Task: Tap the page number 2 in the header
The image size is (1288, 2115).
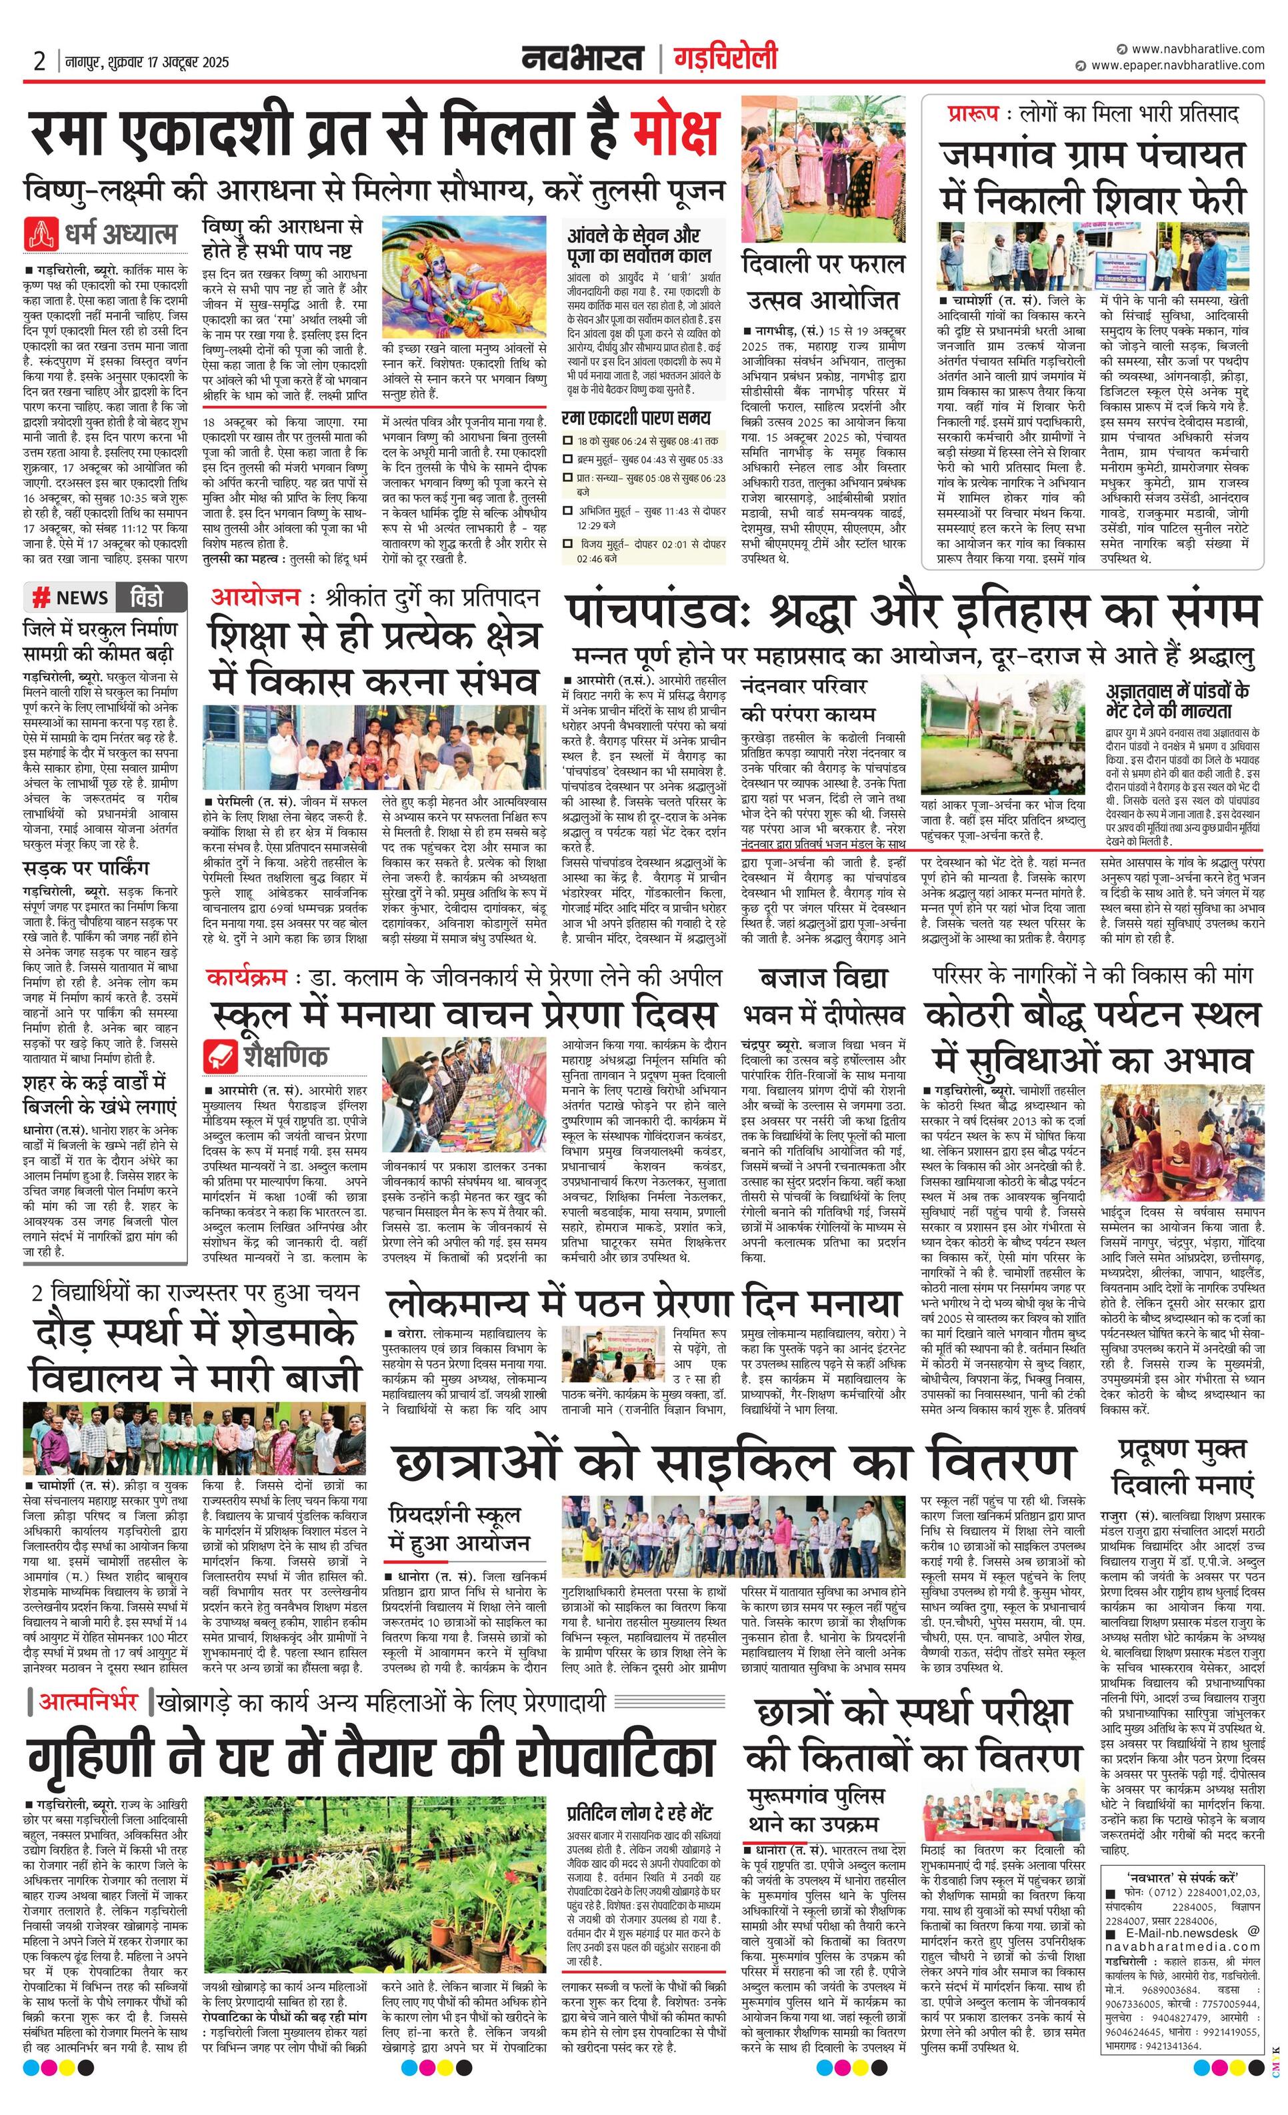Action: point(39,61)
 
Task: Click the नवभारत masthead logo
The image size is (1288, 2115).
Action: point(583,59)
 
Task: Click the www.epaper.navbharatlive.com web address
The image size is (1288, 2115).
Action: point(1177,65)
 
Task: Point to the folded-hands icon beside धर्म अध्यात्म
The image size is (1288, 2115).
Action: point(39,233)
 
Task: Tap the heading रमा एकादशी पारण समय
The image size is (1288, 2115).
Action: point(636,418)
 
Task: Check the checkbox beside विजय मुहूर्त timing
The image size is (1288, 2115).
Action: point(567,544)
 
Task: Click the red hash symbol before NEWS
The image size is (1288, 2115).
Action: point(39,597)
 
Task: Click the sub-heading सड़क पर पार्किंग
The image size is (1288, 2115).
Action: point(86,867)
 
